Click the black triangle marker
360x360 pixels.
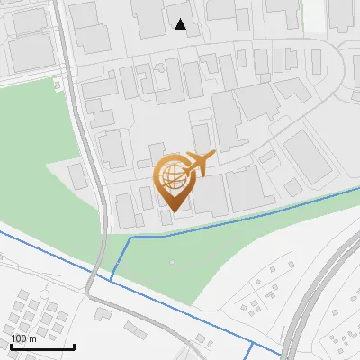[181, 24]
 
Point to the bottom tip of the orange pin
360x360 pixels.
[174, 211]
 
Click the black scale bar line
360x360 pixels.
[42, 346]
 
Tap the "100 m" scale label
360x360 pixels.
[23, 338]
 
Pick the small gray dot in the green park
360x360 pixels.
[172, 262]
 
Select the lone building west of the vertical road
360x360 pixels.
[78, 176]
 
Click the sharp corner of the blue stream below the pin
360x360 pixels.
[130, 238]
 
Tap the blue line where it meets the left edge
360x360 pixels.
[2, 232]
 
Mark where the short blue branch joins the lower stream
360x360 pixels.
[112, 280]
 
